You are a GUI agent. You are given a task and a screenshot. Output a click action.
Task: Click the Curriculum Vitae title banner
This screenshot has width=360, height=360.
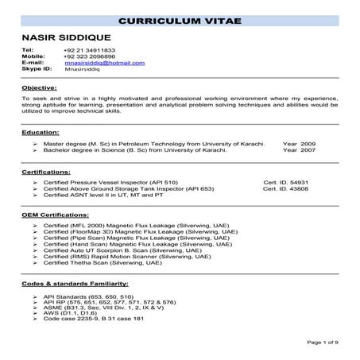pyautogui.click(x=180, y=19)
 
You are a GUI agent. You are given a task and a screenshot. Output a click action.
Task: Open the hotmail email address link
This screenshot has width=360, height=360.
pyautogui.click(x=104, y=63)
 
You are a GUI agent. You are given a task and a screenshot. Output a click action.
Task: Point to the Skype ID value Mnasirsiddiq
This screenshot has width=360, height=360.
pyautogui.click(x=85, y=70)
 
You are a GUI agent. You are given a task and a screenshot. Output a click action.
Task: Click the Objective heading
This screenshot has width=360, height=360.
pyautogui.click(x=38, y=87)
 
